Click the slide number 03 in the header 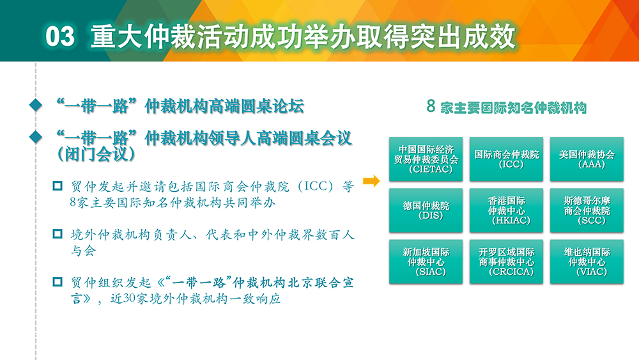click(60, 36)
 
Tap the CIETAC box click(426, 159)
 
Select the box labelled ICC click(506, 159)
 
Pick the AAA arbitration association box click(587, 159)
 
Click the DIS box click(426, 210)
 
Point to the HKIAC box click(506, 210)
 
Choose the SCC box click(587, 210)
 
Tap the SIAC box click(426, 262)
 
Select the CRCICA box click(506, 262)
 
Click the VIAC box click(587, 262)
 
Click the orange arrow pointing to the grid click(371, 180)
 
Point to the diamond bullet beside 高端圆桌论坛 click(36, 106)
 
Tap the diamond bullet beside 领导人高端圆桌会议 click(36, 137)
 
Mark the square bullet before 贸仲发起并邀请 click(58, 186)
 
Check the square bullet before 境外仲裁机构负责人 click(58, 234)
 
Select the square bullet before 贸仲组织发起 click(58, 282)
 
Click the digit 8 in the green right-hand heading click(431, 106)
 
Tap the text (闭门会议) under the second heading click(96, 155)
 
